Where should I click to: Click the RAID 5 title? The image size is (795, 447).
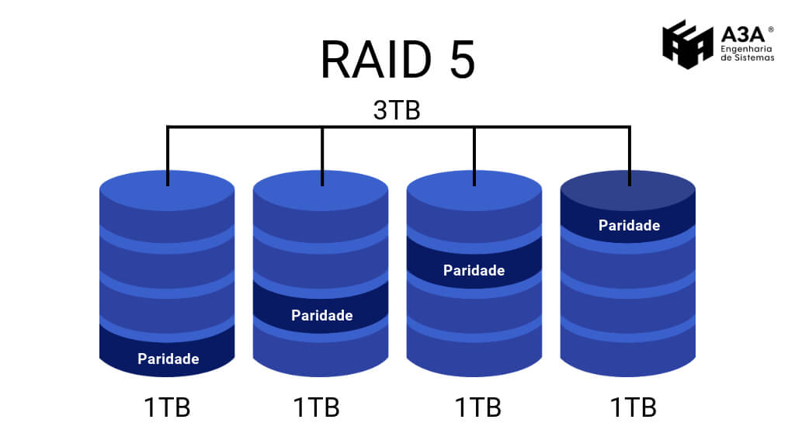[397, 61]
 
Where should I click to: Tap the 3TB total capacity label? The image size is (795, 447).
[397, 109]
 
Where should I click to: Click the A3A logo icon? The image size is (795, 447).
[687, 44]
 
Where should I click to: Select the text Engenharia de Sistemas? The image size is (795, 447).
[748, 52]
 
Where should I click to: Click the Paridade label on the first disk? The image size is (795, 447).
[168, 359]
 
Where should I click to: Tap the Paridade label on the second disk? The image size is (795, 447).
[321, 315]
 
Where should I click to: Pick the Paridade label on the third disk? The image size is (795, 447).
[474, 270]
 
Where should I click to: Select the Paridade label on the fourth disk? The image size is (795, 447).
[629, 225]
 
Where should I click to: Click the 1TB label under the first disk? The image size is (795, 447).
[167, 407]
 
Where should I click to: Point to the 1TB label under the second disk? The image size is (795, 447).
[316, 407]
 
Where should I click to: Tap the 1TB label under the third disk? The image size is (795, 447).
[477, 407]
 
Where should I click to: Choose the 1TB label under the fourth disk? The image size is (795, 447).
[633, 407]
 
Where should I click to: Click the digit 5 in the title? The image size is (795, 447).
[458, 61]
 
